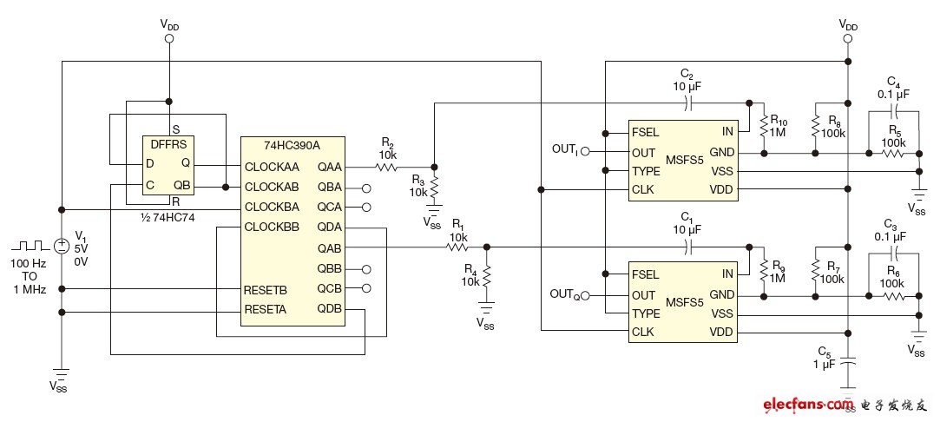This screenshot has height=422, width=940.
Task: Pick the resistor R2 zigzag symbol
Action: tap(386, 166)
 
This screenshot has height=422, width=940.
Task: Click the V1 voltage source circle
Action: tap(62, 246)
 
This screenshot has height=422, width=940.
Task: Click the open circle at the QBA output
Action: tap(366, 188)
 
